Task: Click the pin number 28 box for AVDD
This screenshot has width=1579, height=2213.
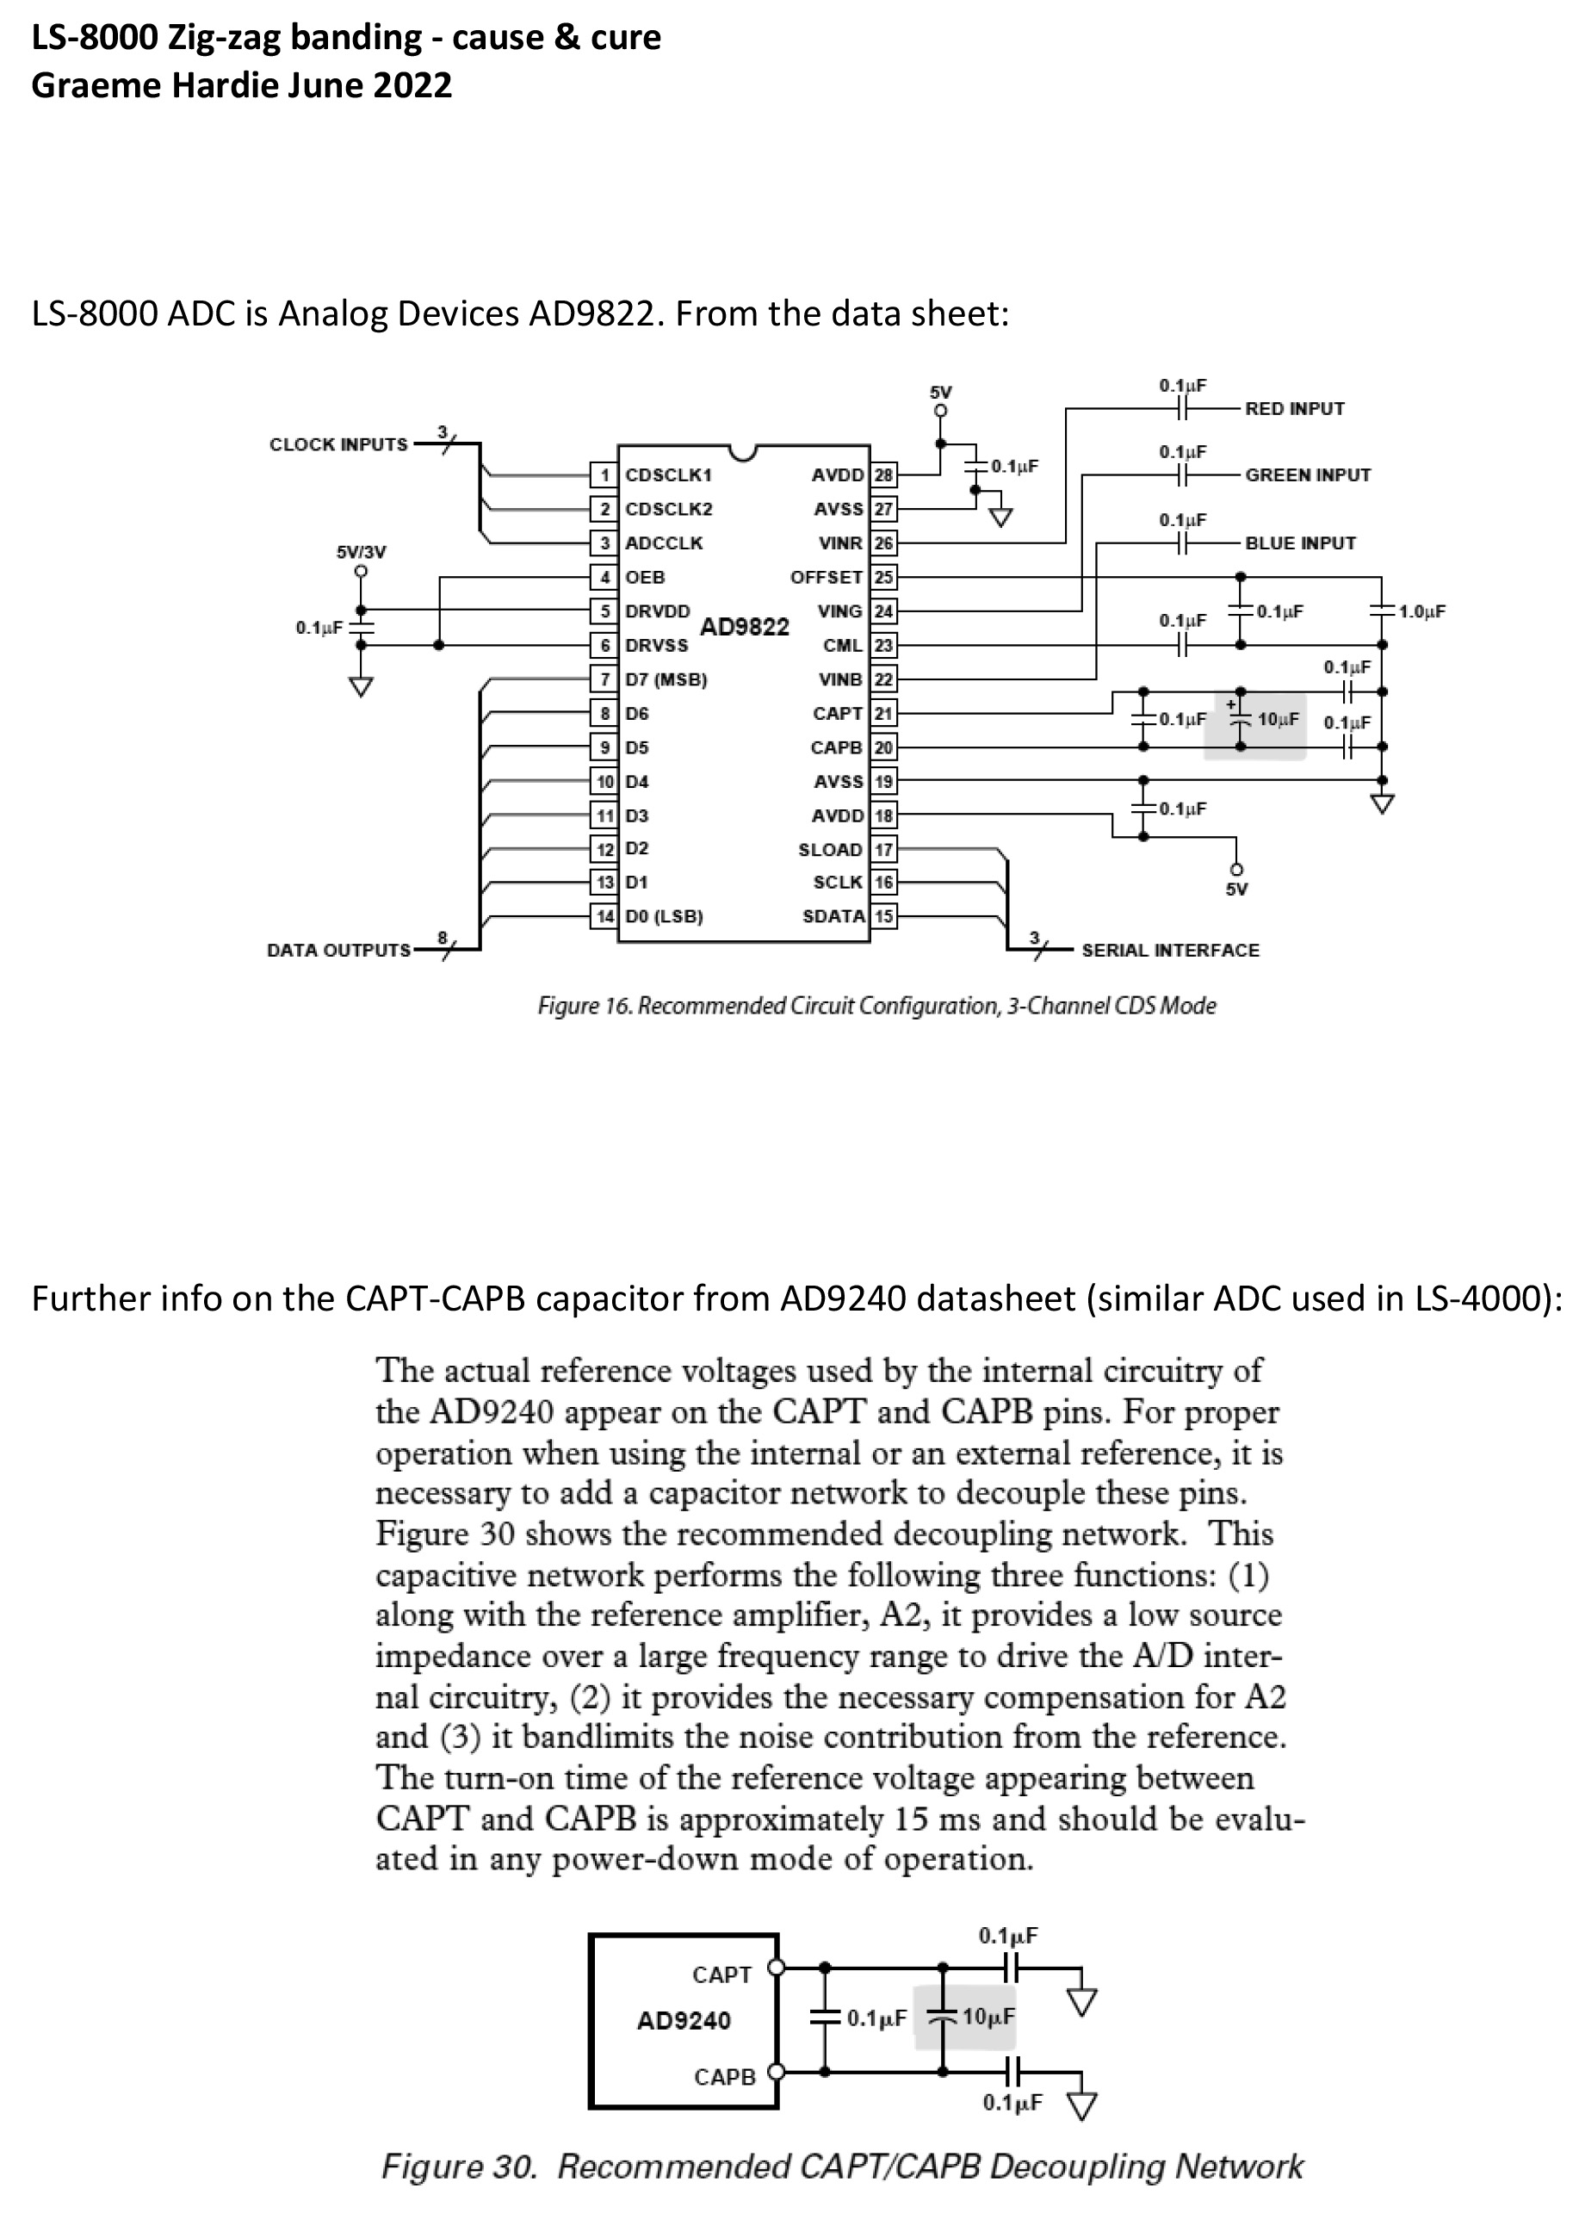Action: point(882,474)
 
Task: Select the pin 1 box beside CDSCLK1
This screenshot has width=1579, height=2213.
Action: point(604,474)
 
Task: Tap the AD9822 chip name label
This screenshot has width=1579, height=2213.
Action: point(745,626)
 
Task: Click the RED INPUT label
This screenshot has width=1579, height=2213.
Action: point(1294,408)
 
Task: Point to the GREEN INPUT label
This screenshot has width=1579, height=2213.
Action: point(1308,474)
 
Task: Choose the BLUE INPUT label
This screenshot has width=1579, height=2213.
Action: point(1300,542)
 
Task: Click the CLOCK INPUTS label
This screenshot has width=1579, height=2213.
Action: point(338,444)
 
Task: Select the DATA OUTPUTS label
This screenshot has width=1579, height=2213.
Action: point(338,950)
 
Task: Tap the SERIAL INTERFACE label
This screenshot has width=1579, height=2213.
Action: point(1170,950)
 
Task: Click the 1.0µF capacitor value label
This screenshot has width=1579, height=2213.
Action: point(1422,611)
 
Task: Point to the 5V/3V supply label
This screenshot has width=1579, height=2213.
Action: point(361,552)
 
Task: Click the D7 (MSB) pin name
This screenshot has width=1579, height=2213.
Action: point(666,679)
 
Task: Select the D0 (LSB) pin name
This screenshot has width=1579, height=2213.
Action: point(664,916)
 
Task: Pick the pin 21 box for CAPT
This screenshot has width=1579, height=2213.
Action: point(882,713)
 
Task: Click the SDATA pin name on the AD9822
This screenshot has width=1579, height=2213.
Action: point(834,916)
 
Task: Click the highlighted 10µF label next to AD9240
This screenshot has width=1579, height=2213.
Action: point(989,2018)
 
